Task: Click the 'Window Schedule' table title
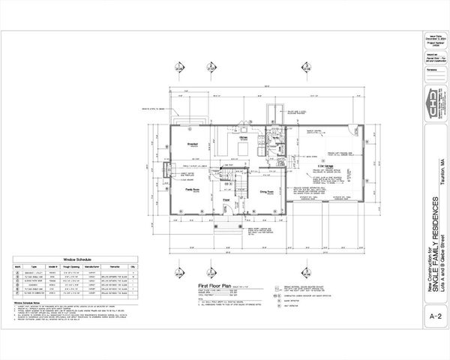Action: click(x=77, y=256)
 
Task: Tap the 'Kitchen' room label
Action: click(x=243, y=138)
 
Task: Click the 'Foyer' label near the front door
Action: click(x=226, y=199)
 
